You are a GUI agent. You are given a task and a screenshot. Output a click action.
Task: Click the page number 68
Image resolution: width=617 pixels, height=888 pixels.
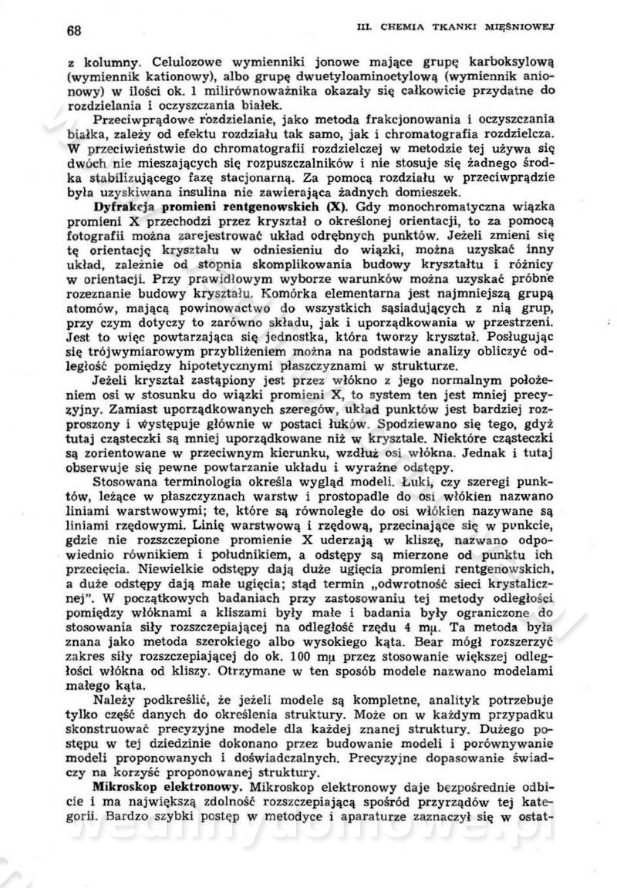coord(75,31)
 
